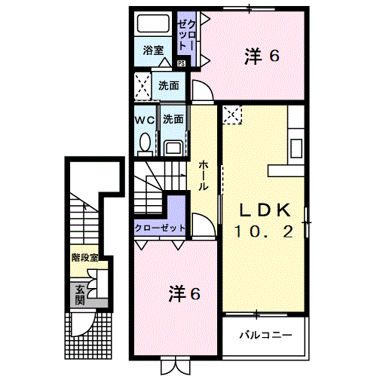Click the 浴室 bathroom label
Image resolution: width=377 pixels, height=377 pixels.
click(154, 51)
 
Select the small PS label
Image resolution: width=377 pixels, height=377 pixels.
click(181, 63)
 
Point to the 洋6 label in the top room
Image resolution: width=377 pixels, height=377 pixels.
click(262, 55)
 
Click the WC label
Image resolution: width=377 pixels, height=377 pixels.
click(146, 120)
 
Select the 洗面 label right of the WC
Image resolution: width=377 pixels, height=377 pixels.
click(173, 120)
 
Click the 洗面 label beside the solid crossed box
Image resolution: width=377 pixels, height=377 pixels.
click(169, 85)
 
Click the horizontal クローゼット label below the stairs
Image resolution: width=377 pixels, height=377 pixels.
click(160, 228)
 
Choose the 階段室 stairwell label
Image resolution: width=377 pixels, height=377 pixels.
click(86, 259)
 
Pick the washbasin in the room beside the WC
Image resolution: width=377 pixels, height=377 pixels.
click(173, 145)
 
